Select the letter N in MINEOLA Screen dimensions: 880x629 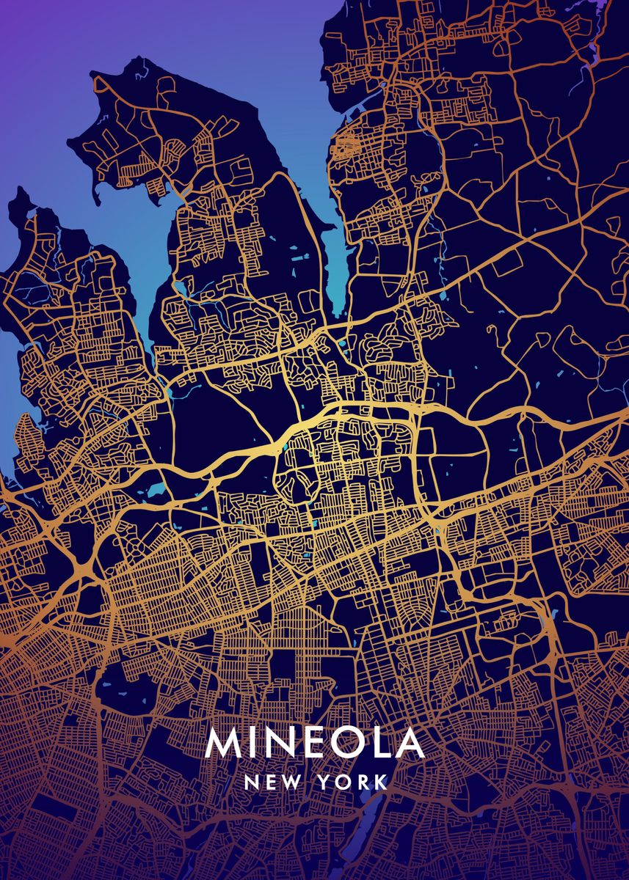(283, 744)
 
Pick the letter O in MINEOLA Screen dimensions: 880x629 (354, 744)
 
